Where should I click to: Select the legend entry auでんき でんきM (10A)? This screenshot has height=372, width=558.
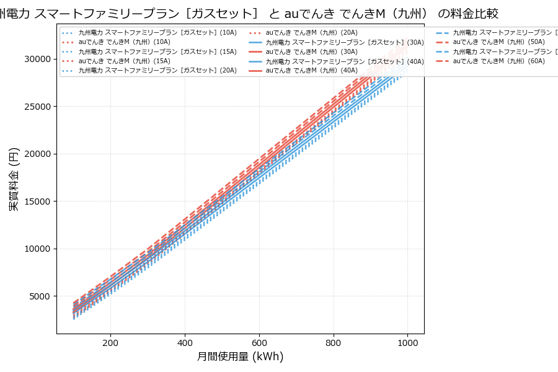point(124,42)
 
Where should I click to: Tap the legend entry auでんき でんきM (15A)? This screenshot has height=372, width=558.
point(124,61)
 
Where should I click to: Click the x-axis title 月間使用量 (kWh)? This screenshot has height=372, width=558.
point(240,357)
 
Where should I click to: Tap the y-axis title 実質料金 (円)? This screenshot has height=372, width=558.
point(14,179)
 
